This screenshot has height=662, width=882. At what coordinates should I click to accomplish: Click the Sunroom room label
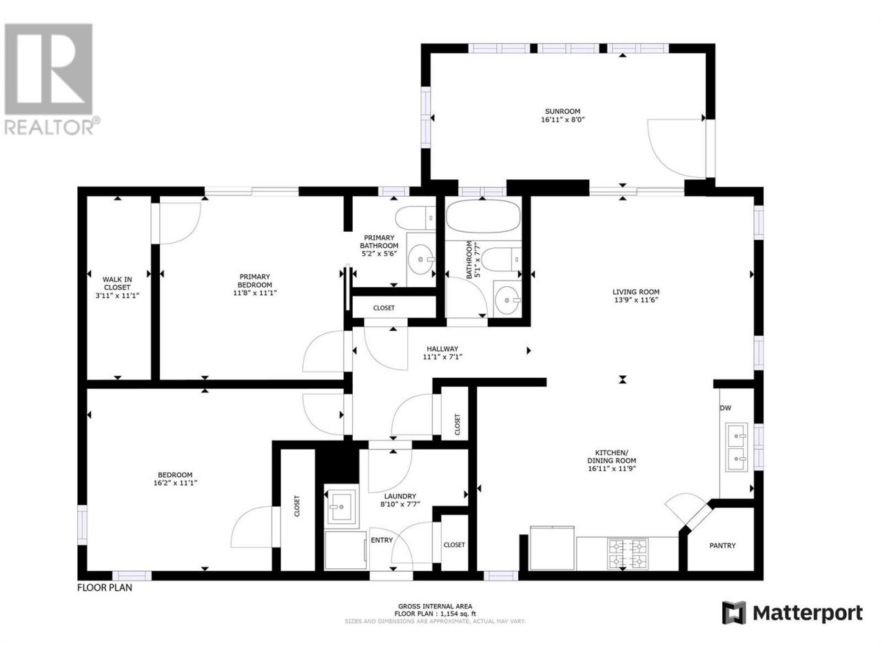(x=562, y=111)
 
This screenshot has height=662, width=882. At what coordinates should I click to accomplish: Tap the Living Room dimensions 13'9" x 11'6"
(x=635, y=300)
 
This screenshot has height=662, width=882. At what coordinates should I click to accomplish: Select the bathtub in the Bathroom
(x=482, y=217)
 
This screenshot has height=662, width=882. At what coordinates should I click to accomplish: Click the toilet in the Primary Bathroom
(x=415, y=218)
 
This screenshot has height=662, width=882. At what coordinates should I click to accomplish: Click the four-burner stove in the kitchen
(x=628, y=554)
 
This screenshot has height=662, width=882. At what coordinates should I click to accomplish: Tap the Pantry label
(x=722, y=545)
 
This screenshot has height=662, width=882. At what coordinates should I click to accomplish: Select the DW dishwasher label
(x=726, y=408)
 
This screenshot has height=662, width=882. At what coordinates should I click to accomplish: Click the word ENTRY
(x=381, y=540)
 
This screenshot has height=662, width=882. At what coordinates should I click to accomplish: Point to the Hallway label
(x=442, y=349)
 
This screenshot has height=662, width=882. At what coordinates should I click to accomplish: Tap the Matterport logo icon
(x=734, y=612)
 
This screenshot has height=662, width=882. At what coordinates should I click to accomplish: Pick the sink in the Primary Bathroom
(x=421, y=259)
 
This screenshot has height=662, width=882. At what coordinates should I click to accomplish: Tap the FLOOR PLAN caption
(x=105, y=588)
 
